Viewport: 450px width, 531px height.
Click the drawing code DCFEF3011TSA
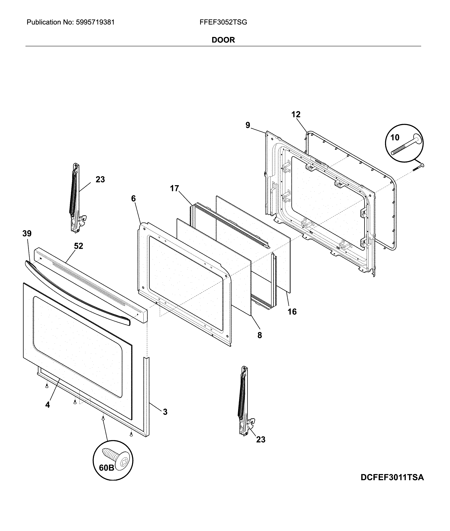(x=392, y=477)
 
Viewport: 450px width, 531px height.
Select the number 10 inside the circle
(x=395, y=138)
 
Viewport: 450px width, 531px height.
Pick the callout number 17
(x=175, y=188)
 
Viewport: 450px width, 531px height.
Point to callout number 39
(x=27, y=233)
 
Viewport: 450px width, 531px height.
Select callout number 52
(x=79, y=246)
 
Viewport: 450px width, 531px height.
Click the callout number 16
(x=292, y=312)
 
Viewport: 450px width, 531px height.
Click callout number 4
(x=48, y=405)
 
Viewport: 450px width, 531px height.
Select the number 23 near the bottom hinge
(x=261, y=439)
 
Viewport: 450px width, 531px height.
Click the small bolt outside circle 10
(x=418, y=167)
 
